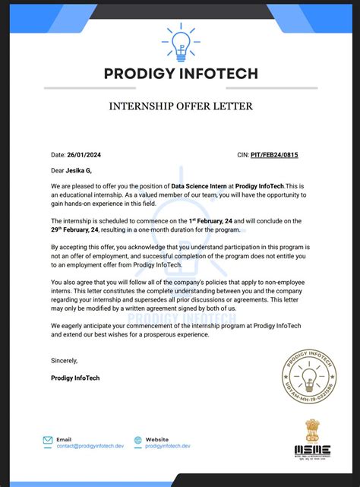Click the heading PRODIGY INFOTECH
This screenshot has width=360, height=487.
[180, 74]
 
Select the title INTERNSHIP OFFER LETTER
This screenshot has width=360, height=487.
[180, 106]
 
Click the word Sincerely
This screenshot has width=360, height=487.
[65, 360]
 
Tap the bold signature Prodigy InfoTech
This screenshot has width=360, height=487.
[75, 378]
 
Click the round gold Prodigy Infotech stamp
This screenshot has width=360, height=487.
[309, 376]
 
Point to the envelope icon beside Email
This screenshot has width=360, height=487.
[48, 440]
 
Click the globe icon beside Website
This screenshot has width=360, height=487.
[137, 440]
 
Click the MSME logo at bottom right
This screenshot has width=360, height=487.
[312, 450]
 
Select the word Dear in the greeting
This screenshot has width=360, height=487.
[58, 171]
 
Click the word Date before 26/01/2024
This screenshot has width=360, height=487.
[58, 155]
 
